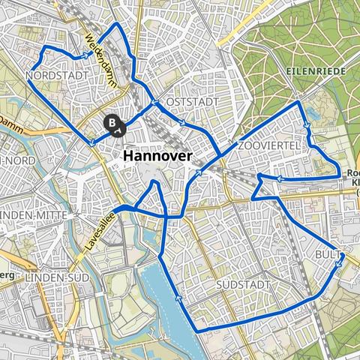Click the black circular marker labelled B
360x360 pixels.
tap(112, 120)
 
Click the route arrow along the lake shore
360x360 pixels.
tap(178, 298)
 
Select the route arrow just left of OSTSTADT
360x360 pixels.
tap(153, 103)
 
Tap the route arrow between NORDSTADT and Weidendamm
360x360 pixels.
tap(89, 54)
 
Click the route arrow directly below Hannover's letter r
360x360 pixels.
tap(199, 173)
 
